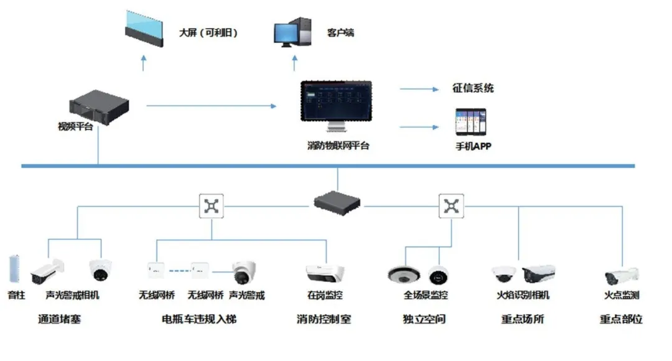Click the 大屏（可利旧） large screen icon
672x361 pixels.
(x=144, y=29)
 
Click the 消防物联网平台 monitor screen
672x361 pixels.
(x=336, y=103)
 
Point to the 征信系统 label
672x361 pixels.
(x=473, y=88)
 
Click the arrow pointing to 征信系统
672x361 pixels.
(x=419, y=89)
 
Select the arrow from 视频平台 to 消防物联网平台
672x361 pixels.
(x=211, y=106)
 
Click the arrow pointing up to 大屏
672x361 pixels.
(x=144, y=62)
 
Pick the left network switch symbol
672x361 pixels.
(x=212, y=206)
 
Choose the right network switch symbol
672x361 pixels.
(x=450, y=206)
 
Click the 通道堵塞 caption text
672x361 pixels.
(x=60, y=319)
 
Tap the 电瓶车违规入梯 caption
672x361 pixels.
(x=199, y=319)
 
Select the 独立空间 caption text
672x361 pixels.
(x=424, y=319)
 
